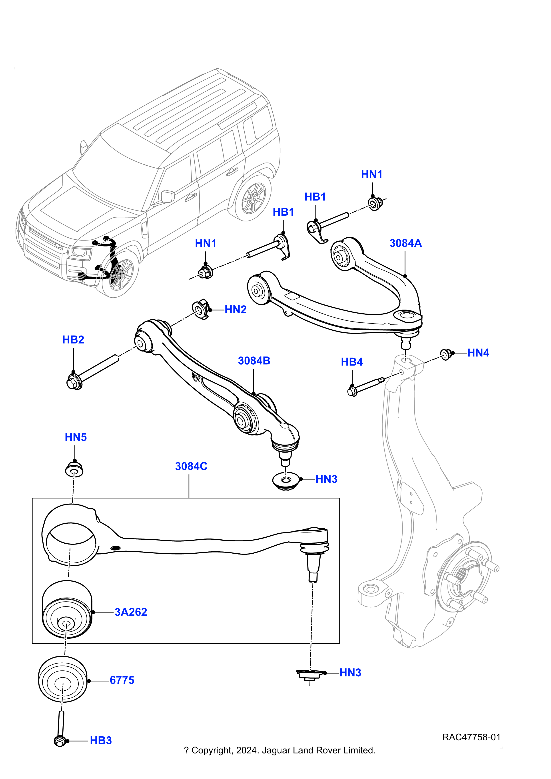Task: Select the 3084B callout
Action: click(254, 361)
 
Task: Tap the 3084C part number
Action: click(191, 467)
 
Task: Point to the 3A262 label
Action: click(131, 612)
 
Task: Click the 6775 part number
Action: click(122, 681)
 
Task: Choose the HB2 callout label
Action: click(73, 340)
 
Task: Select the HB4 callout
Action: click(352, 362)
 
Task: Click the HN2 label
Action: click(235, 310)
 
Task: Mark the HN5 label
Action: click(76, 438)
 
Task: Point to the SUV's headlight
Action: click(79, 252)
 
